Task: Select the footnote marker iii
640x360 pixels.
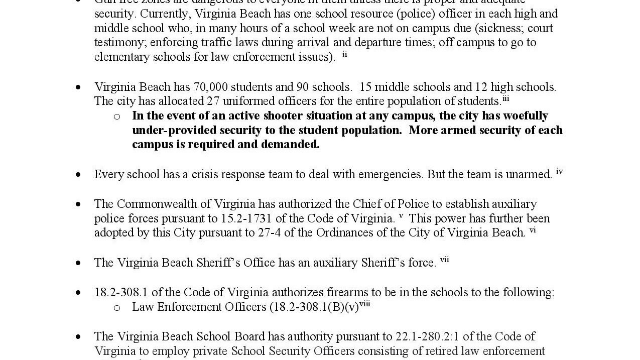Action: click(x=505, y=98)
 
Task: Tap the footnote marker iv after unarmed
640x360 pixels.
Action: click(x=559, y=172)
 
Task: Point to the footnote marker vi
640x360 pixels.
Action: click(x=533, y=230)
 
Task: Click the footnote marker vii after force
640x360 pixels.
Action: click(x=444, y=260)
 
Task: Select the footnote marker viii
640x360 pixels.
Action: click(x=364, y=304)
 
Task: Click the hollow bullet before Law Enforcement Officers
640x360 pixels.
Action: click(x=117, y=308)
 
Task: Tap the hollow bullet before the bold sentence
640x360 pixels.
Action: click(x=117, y=117)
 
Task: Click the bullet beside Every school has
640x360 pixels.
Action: click(x=78, y=175)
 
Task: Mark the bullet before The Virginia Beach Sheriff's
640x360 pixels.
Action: click(x=78, y=263)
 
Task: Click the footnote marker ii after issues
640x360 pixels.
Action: click(x=345, y=54)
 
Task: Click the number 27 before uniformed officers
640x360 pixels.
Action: click(x=213, y=101)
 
